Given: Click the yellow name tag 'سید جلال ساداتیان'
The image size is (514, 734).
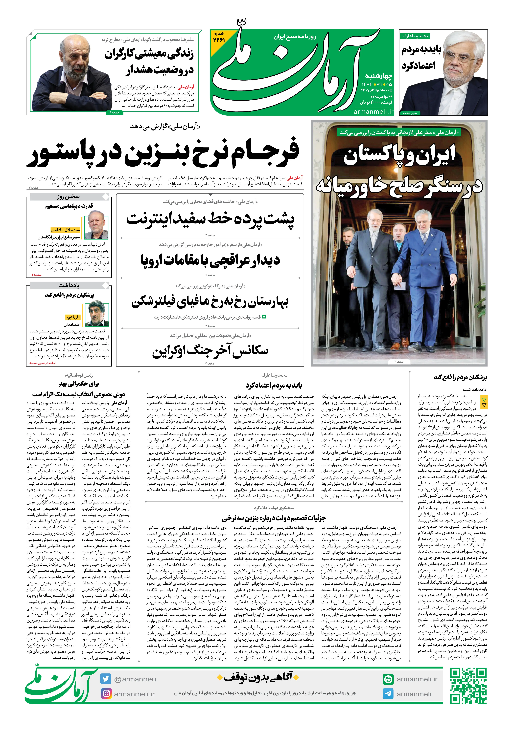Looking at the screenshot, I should pos(65,230).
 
